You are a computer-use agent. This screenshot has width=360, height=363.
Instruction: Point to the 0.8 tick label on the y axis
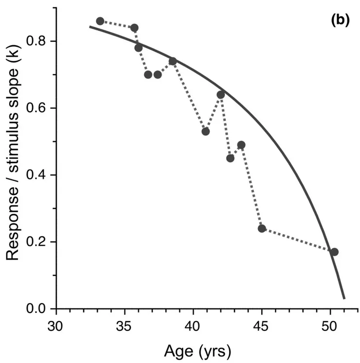click(x=39, y=41)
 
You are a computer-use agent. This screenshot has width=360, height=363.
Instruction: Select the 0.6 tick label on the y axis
click(x=39, y=108)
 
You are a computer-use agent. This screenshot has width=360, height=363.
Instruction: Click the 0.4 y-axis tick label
click(x=39, y=175)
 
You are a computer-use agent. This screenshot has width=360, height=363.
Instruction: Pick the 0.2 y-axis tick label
click(x=39, y=242)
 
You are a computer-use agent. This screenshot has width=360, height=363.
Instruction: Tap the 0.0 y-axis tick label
click(x=39, y=309)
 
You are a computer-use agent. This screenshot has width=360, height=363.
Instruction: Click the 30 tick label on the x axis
click(x=56, y=325)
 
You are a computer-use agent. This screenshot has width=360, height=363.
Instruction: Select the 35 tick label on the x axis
click(x=125, y=325)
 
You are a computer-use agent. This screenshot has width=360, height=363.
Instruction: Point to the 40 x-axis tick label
click(x=193, y=325)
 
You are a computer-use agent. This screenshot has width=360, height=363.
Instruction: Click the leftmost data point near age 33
click(x=100, y=21)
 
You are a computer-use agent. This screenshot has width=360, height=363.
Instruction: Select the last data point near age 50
click(x=334, y=252)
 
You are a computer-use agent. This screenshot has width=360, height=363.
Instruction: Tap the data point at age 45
click(x=262, y=228)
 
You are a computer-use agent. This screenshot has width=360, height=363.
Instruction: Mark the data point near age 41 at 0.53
click(x=206, y=131)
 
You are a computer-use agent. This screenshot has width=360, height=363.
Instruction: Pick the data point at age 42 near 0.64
click(x=220, y=94)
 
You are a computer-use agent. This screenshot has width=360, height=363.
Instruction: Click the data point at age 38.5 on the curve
click(x=173, y=61)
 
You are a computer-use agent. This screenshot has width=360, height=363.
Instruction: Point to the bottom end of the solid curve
click(x=344, y=298)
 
